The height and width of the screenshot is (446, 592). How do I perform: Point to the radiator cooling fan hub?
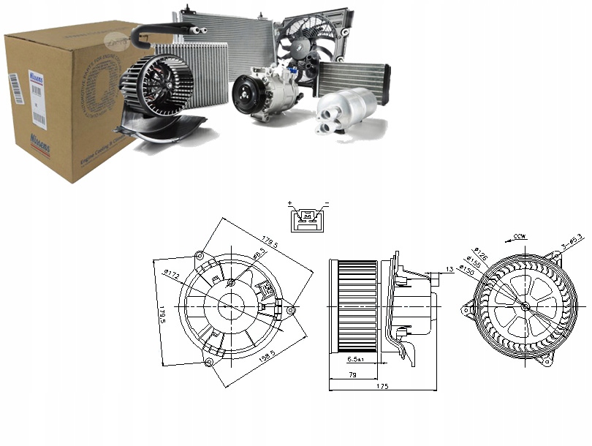point(301,46)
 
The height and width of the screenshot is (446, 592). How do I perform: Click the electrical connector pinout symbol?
point(306,217)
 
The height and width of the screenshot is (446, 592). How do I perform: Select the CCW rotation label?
point(520,237)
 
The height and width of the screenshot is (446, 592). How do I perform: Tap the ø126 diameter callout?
point(479,253)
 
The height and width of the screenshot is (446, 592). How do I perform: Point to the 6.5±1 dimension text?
point(354,360)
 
